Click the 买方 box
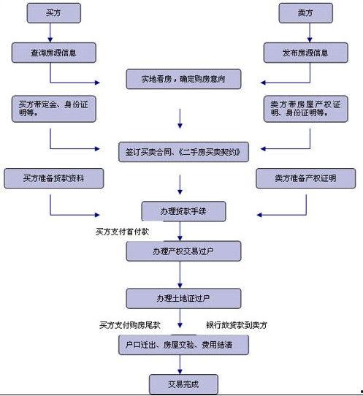tap(54, 13)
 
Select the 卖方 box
tap(306, 13)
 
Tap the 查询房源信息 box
tap(54, 53)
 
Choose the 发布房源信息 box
tap(306, 53)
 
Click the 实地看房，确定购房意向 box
tap(183, 79)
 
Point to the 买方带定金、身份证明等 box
tap(54, 109)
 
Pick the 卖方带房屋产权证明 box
tap(306, 109)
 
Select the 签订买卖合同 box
tap(183, 152)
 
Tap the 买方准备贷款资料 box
tap(54, 178)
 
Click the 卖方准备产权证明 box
tap(306, 178)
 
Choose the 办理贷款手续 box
tap(183, 211)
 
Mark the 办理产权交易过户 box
tap(183, 251)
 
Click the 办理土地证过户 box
tap(183, 299)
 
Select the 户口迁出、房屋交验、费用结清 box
tap(183, 345)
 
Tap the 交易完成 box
tap(183, 384)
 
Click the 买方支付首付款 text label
tap(122, 232)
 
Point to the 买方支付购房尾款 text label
tap(130, 325)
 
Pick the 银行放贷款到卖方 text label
tap(237, 325)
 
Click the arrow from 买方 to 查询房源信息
tap(50, 33)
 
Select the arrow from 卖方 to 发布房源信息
tap(310, 33)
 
